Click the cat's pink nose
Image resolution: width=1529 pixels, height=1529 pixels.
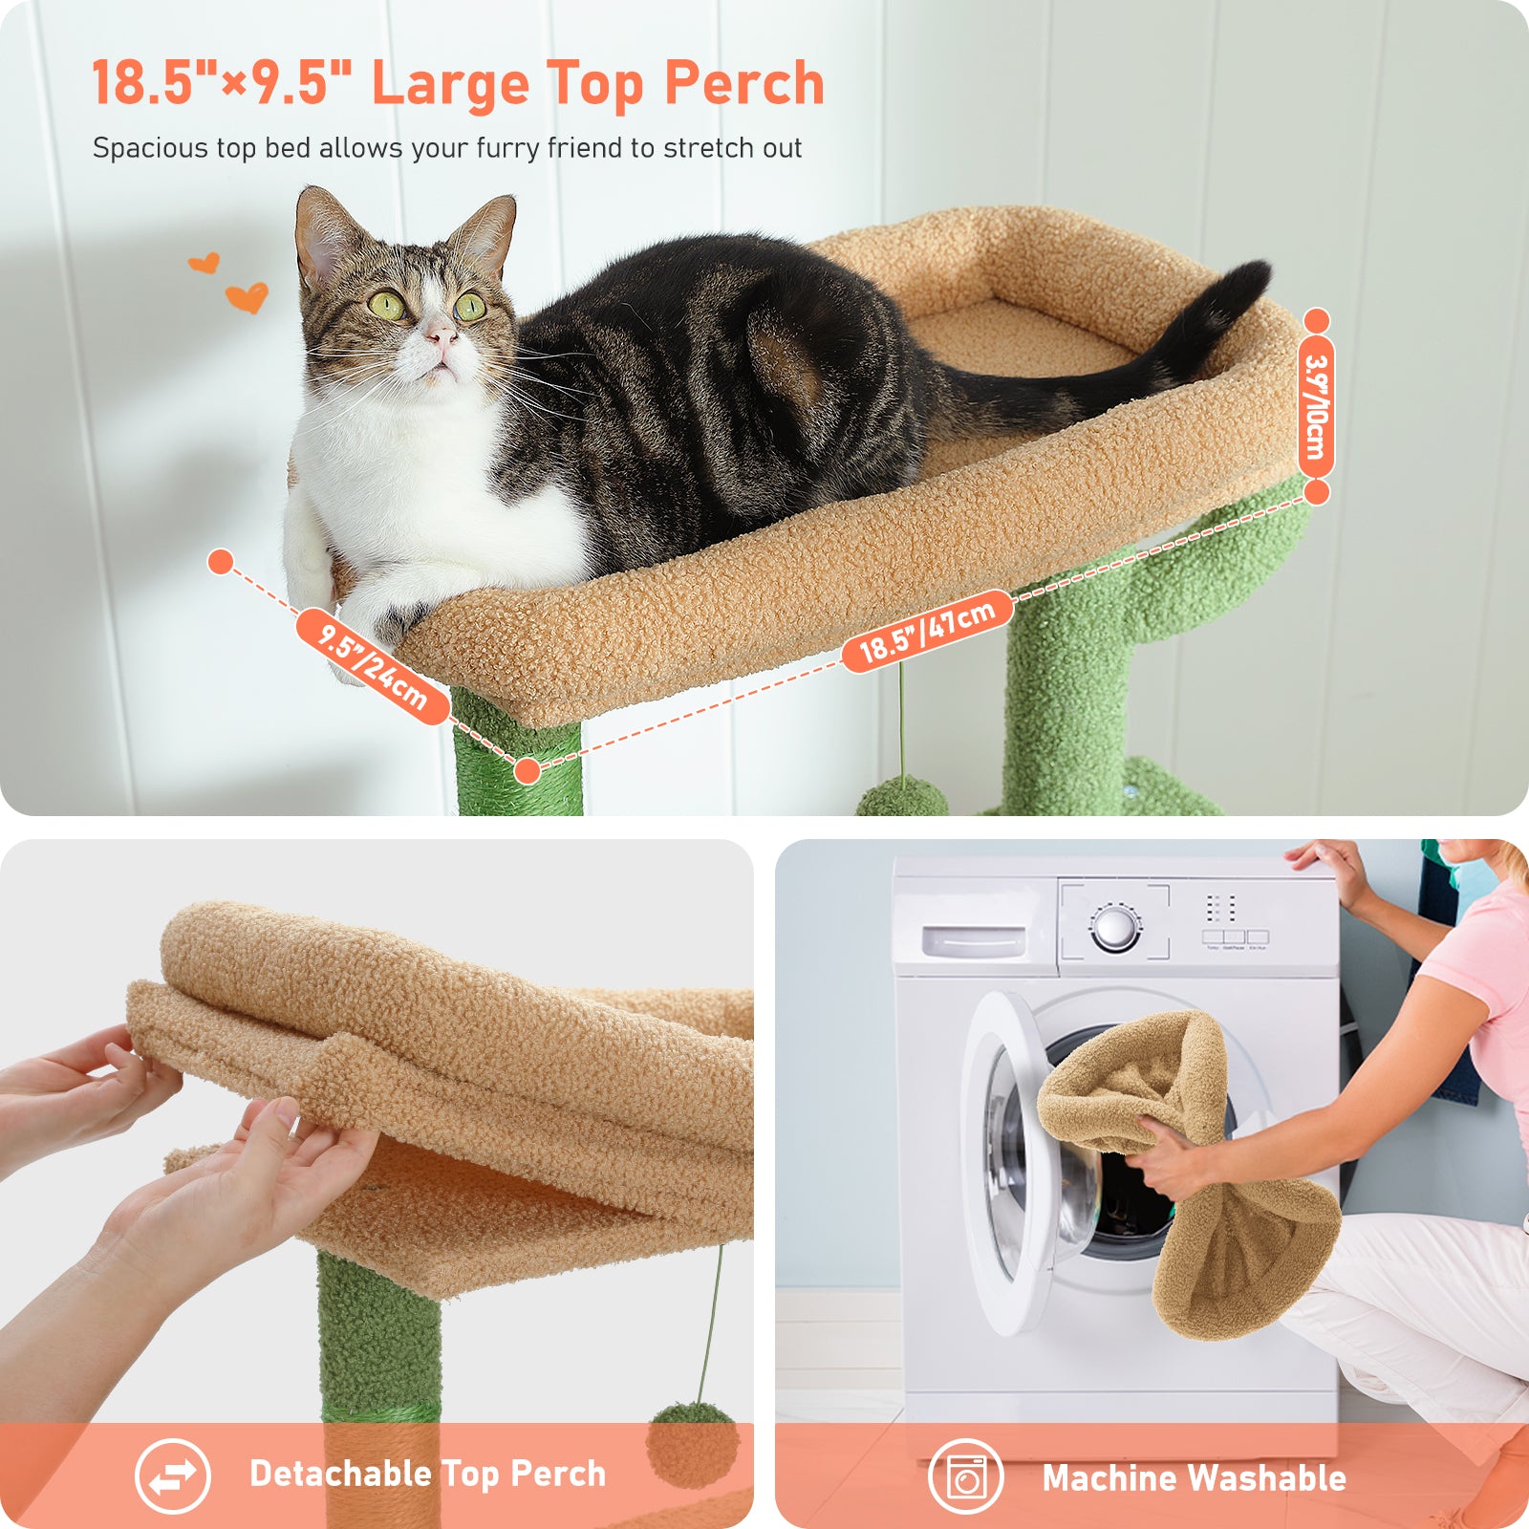(x=441, y=335)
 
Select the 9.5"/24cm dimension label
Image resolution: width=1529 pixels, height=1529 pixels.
(x=373, y=666)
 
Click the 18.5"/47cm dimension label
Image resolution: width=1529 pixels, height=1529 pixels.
(x=926, y=631)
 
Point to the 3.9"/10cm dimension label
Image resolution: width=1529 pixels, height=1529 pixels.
(x=1316, y=406)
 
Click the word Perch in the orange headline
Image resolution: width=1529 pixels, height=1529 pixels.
(x=744, y=83)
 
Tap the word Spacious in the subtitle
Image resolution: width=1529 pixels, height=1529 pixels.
(x=150, y=149)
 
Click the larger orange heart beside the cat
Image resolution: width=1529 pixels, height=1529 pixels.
(x=247, y=298)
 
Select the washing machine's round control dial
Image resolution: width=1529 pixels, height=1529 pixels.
(x=1115, y=926)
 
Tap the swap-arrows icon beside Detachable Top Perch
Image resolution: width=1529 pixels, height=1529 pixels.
(x=173, y=1476)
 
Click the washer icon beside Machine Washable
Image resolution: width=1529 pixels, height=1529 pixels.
(x=965, y=1477)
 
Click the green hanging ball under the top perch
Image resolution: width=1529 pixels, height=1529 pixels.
(x=901, y=796)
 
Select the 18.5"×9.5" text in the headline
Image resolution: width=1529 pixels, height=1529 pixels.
(x=223, y=83)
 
